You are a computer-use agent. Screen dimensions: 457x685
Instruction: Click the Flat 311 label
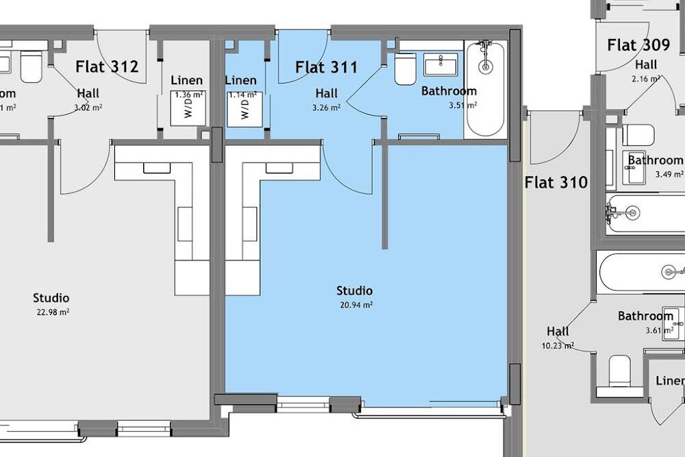(326, 67)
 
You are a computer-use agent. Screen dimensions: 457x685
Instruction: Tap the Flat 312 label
(107, 66)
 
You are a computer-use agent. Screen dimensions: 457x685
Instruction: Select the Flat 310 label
(556, 182)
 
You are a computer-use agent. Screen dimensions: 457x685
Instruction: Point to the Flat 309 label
(638, 46)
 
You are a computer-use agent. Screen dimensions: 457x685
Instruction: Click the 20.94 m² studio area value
(354, 305)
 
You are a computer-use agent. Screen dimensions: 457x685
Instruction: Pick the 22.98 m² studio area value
(51, 312)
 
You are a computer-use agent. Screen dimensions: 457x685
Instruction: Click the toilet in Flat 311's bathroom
(405, 69)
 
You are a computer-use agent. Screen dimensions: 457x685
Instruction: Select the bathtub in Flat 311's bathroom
(485, 89)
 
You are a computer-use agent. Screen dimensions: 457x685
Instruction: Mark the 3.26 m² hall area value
(326, 108)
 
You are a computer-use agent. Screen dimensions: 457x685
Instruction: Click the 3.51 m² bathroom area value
(462, 106)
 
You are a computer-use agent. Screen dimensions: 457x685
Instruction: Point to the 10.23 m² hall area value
(558, 346)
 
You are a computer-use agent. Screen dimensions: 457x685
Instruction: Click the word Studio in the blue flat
(354, 291)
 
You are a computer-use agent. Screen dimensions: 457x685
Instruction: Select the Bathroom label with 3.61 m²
(645, 316)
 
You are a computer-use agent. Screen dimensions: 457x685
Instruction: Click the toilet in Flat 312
(31, 67)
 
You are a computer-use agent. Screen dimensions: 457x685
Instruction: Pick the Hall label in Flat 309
(645, 65)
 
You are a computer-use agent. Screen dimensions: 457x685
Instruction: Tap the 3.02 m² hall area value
(88, 108)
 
